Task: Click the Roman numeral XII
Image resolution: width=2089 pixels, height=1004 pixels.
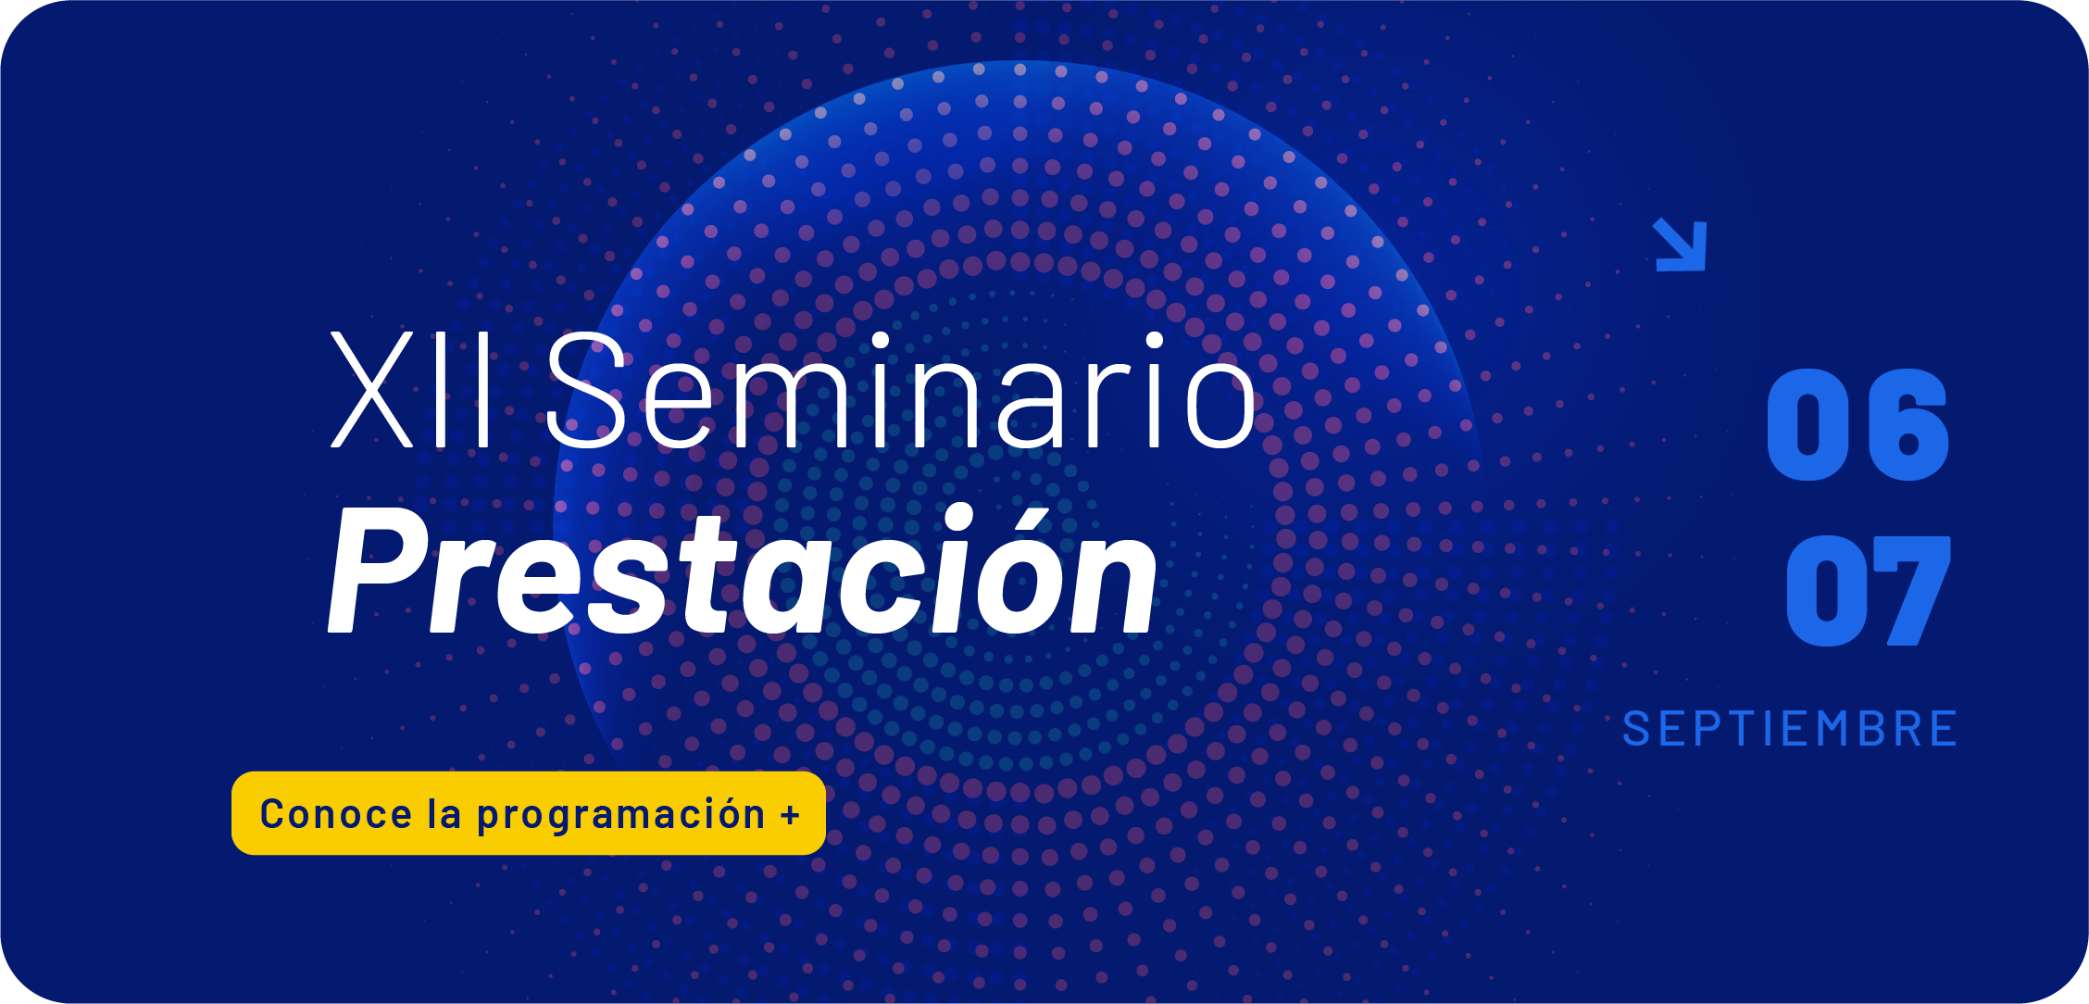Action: pos(412,390)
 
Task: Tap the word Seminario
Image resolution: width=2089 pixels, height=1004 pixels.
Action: pos(901,390)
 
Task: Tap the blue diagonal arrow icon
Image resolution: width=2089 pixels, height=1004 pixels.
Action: pos(1680,245)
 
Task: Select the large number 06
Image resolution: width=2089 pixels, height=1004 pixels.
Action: pos(1858,424)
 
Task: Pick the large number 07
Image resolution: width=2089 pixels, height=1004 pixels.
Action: pos(1868,591)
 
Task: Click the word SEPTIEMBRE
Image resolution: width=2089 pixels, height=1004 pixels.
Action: pos(1790,729)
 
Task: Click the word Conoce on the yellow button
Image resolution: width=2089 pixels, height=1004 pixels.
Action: pos(335,814)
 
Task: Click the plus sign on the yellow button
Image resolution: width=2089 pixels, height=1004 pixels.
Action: pos(790,816)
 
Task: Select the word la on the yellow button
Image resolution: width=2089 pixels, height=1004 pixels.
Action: pos(444,813)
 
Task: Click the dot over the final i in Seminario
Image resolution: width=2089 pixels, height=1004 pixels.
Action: pos(1155,341)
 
